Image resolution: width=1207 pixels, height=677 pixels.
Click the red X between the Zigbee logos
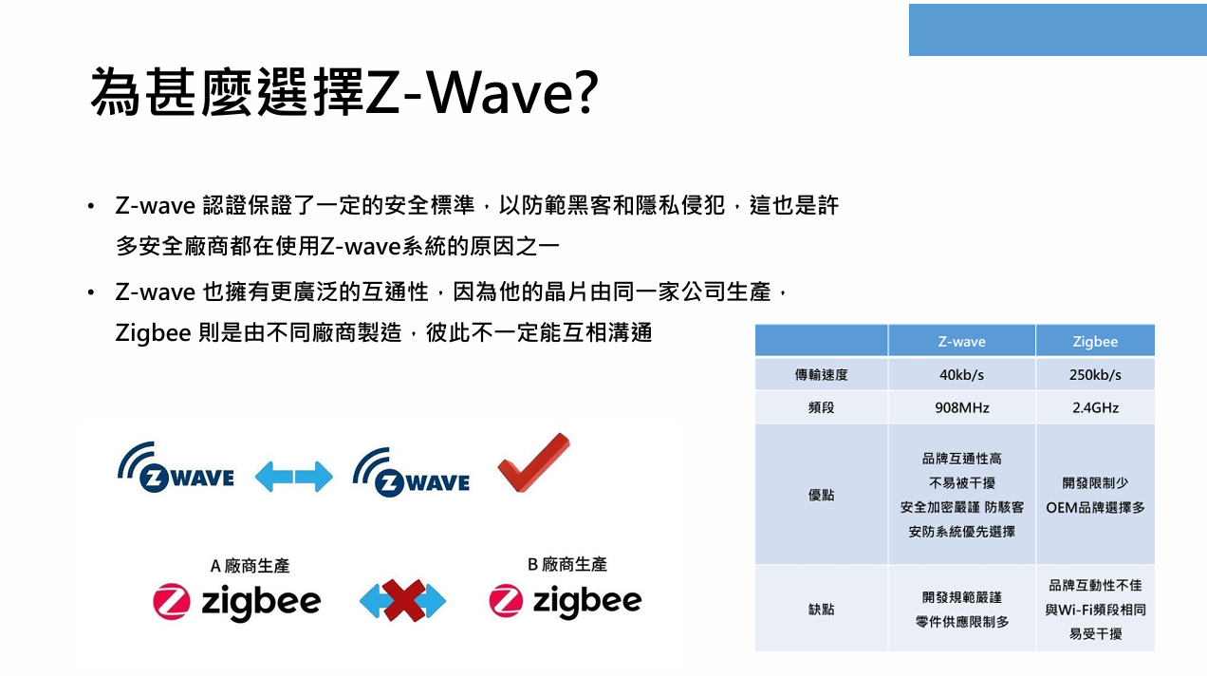tap(403, 600)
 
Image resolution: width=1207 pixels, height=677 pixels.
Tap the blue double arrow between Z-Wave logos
tap(293, 477)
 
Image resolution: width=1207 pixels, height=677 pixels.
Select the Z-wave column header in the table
tap(962, 341)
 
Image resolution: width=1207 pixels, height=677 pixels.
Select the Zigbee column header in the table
tap(1095, 341)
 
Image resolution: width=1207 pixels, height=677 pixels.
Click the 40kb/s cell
tap(962, 375)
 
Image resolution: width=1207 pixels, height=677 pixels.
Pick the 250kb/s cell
tap(1095, 375)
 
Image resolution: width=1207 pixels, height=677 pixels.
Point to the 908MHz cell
tap(962, 407)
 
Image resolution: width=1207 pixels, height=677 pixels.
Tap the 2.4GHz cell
tap(1095, 407)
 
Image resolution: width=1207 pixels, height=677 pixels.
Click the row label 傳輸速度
tap(821, 375)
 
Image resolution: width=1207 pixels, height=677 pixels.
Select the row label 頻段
tap(821, 407)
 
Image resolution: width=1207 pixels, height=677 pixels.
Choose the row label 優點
tap(821, 495)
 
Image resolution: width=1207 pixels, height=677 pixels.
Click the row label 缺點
tap(821, 609)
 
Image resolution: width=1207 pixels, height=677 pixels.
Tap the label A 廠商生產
tap(250, 566)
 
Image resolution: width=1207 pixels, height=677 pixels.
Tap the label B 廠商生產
tap(566, 564)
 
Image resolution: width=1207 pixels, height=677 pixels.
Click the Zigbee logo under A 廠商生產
tap(236, 602)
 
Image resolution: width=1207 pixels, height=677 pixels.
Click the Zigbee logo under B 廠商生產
tap(566, 600)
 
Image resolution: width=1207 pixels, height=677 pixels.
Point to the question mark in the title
tap(585, 92)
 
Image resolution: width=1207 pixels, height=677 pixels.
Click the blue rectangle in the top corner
tap(1058, 29)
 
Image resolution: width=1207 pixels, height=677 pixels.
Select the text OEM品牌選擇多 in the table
tap(1095, 507)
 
